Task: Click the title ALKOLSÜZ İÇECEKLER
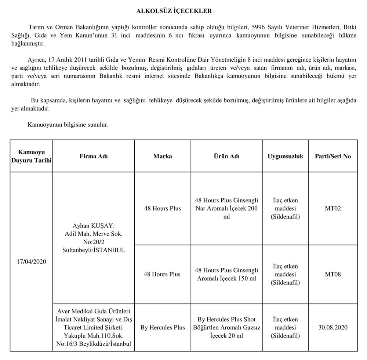point(174,11)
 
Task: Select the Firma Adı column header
point(94,156)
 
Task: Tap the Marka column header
point(163,156)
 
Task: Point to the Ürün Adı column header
point(226,156)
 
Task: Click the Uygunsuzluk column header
point(285,156)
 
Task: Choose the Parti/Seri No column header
point(333,156)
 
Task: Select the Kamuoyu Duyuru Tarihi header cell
point(31,156)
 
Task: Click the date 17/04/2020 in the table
point(31,262)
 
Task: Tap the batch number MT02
point(333,208)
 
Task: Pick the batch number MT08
point(333,274)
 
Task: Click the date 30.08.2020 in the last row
point(333,327)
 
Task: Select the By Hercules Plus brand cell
point(163,327)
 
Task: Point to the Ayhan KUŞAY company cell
point(94,237)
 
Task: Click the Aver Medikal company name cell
point(94,327)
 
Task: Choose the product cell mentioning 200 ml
point(226,208)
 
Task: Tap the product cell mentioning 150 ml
point(226,274)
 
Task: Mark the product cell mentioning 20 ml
point(226,327)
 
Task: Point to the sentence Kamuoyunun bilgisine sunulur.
point(68,125)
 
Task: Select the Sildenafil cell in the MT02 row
point(285,208)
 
